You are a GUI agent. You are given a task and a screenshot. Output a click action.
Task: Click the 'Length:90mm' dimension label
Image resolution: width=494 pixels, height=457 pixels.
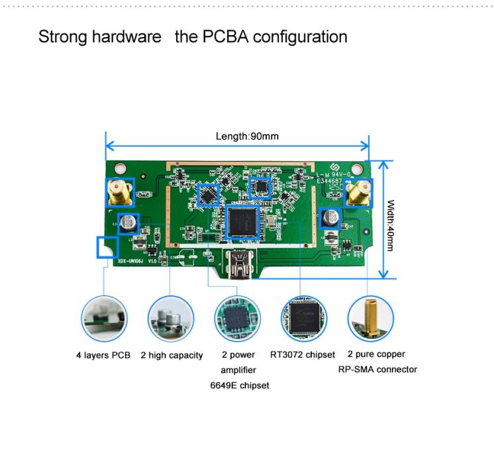pos(247,136)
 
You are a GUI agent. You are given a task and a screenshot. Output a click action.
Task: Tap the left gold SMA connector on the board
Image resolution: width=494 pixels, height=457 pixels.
pos(120,193)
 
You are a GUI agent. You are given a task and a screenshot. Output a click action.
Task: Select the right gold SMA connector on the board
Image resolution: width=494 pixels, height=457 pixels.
pos(358,193)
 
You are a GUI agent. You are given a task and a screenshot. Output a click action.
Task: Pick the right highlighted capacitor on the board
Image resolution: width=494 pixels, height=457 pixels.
pos(329,217)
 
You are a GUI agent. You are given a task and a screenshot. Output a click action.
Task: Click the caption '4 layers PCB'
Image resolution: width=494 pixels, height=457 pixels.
pos(103,356)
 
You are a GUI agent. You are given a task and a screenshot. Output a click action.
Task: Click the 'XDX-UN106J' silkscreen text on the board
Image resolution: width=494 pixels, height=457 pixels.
pos(130,261)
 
